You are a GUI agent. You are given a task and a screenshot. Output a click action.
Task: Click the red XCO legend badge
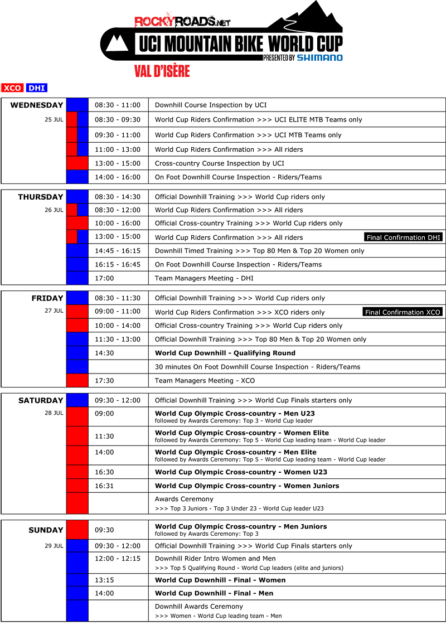coord(12,88)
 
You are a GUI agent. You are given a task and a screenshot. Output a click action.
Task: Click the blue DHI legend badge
coord(37,88)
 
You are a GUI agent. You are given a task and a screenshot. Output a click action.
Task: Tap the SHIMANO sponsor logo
coord(320,57)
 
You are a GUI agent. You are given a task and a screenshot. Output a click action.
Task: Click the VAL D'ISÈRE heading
coord(162,71)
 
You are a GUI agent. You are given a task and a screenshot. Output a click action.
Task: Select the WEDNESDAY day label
coord(37,105)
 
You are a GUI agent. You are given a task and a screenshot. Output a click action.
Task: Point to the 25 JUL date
coord(54,119)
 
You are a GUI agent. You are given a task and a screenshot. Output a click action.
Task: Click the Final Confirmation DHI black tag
coord(403,238)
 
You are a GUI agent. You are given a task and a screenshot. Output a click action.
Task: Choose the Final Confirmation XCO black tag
coord(403,312)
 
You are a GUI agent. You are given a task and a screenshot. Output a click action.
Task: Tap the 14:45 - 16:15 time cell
coord(118,251)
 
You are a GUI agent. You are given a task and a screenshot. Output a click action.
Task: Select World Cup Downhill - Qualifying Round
coord(225,353)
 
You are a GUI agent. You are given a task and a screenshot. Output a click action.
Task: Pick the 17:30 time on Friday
coord(104,380)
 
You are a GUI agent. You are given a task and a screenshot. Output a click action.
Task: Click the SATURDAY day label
coord(41,400)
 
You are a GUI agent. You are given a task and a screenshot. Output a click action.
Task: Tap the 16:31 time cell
coord(104,486)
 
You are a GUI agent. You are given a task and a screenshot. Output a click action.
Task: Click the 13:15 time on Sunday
coord(104,580)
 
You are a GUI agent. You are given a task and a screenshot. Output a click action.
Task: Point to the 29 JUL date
coord(54,546)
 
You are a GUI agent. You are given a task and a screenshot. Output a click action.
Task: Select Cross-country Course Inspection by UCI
coord(220,163)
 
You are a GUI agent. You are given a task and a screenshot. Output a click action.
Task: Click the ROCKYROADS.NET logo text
coord(182,22)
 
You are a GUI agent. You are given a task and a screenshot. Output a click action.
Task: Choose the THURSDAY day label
coord(41,197)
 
